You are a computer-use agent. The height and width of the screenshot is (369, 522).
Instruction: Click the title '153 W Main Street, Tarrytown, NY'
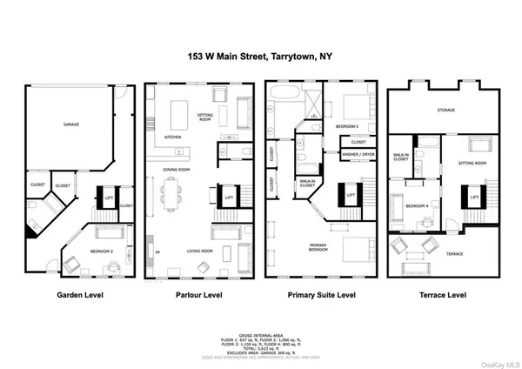point(260,55)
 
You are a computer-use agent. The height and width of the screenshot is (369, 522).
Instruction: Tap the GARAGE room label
point(71,125)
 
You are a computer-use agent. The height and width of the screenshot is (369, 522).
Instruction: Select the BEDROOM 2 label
point(103,252)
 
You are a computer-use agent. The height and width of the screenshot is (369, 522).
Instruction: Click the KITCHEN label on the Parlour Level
point(173,137)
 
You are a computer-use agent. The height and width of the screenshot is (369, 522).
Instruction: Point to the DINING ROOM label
point(177,170)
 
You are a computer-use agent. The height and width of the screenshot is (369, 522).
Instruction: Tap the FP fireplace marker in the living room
point(157,252)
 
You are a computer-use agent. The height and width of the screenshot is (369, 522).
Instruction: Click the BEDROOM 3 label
point(348,127)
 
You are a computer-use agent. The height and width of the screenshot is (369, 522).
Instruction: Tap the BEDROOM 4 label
point(415,205)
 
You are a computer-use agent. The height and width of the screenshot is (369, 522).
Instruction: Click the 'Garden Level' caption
point(80,296)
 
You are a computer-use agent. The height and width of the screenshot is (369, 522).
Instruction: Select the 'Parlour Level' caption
point(199,296)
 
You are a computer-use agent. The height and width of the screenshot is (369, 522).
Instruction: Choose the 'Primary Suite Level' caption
point(323,296)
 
